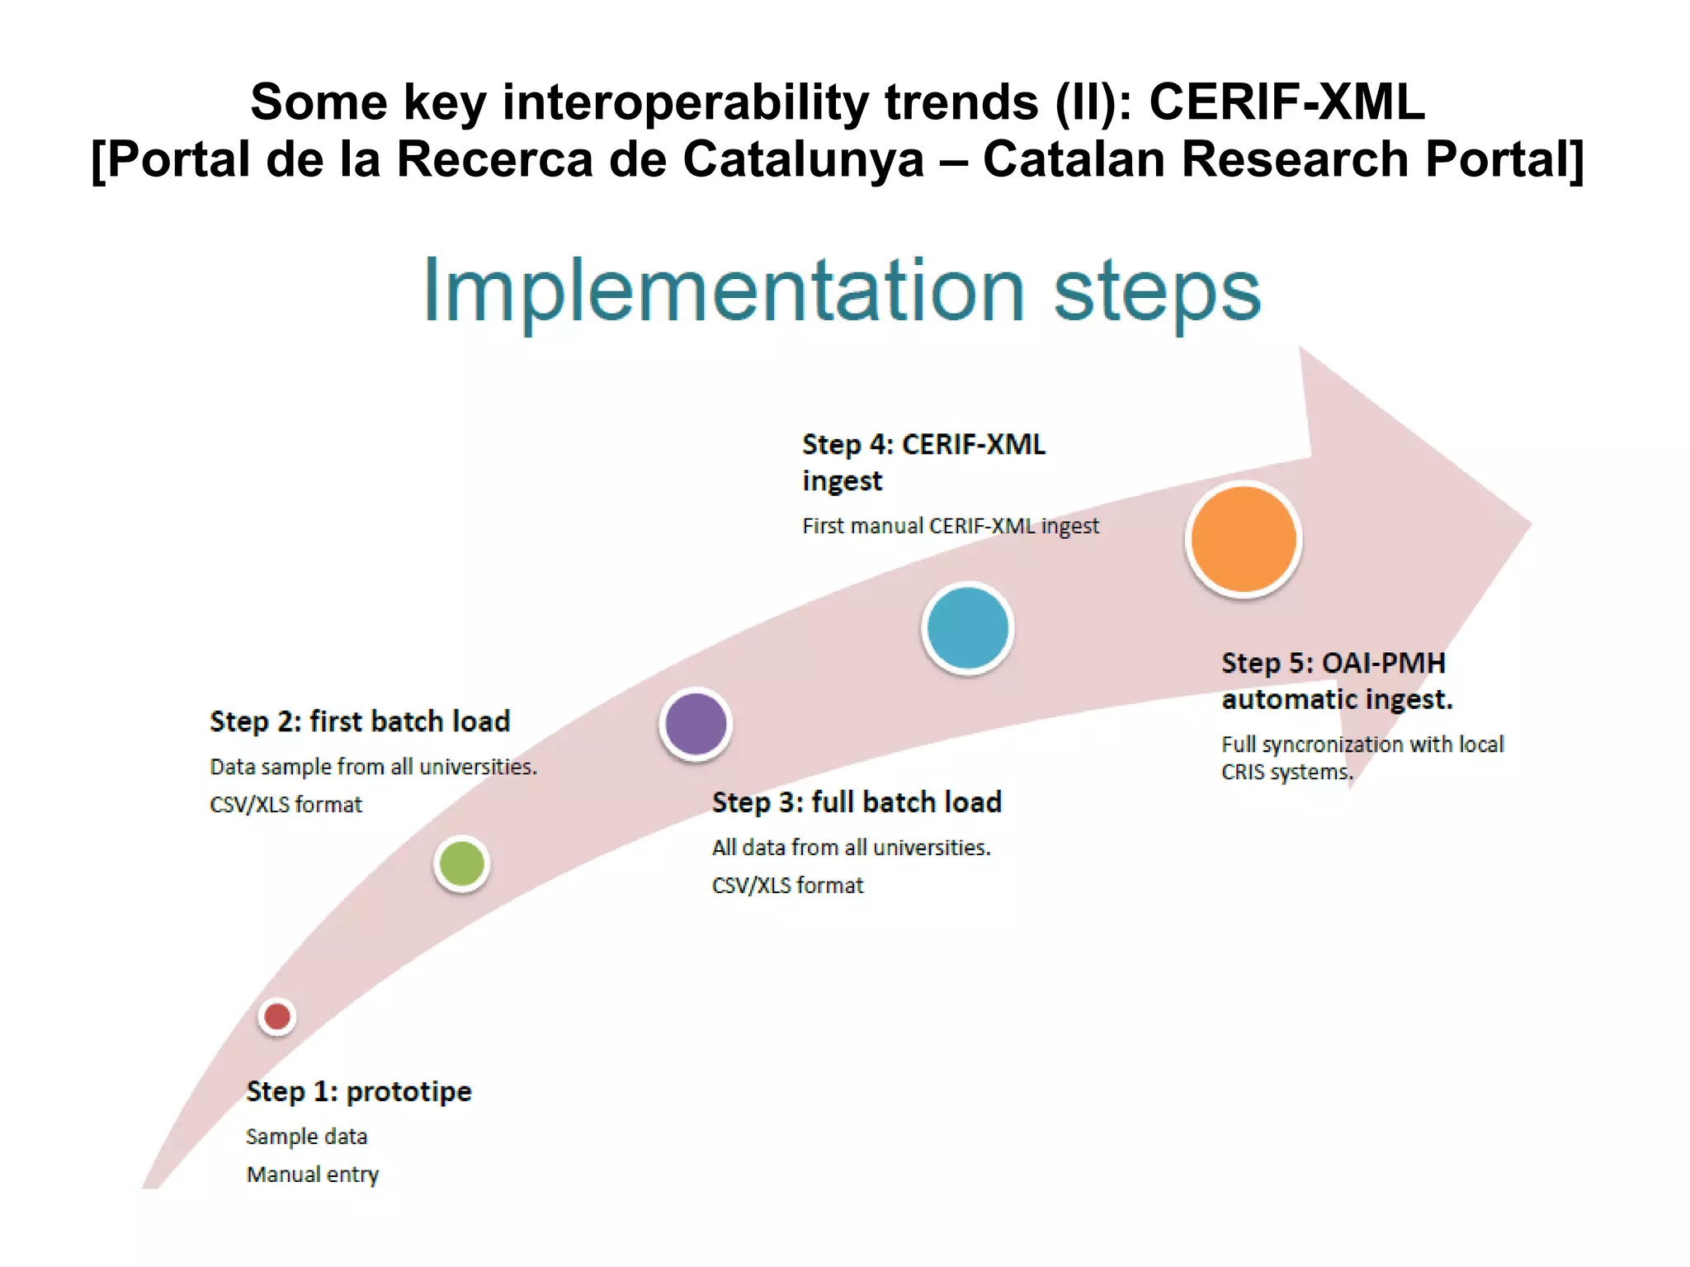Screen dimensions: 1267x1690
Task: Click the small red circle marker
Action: (x=277, y=1016)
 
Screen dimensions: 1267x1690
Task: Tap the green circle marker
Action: (x=462, y=863)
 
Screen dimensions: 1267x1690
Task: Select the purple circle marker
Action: (x=696, y=724)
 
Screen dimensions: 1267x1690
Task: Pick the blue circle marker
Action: (x=967, y=628)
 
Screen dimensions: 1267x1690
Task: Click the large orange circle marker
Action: (x=1244, y=539)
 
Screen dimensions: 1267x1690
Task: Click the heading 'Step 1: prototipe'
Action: (x=359, y=1091)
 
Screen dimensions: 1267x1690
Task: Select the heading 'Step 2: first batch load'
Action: (x=360, y=721)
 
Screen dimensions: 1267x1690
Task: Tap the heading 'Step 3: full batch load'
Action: (x=857, y=802)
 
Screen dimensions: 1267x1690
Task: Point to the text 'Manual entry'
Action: (x=313, y=1174)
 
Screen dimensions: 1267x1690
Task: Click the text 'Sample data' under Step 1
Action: (x=306, y=1137)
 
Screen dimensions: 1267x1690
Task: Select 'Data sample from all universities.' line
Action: (x=373, y=767)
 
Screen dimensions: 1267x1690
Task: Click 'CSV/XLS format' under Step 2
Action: (x=286, y=805)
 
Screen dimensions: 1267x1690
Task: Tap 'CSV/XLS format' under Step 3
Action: (x=787, y=886)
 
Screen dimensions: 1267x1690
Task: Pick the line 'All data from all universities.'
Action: (x=851, y=848)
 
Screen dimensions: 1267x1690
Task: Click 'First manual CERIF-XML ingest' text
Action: (x=951, y=526)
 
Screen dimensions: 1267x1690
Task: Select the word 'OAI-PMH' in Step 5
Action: (x=1383, y=663)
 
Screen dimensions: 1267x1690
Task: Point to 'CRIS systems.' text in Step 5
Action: (x=1287, y=773)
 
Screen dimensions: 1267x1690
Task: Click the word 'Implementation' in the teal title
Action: (x=723, y=291)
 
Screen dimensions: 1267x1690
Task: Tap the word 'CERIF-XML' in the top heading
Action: (x=1286, y=102)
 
